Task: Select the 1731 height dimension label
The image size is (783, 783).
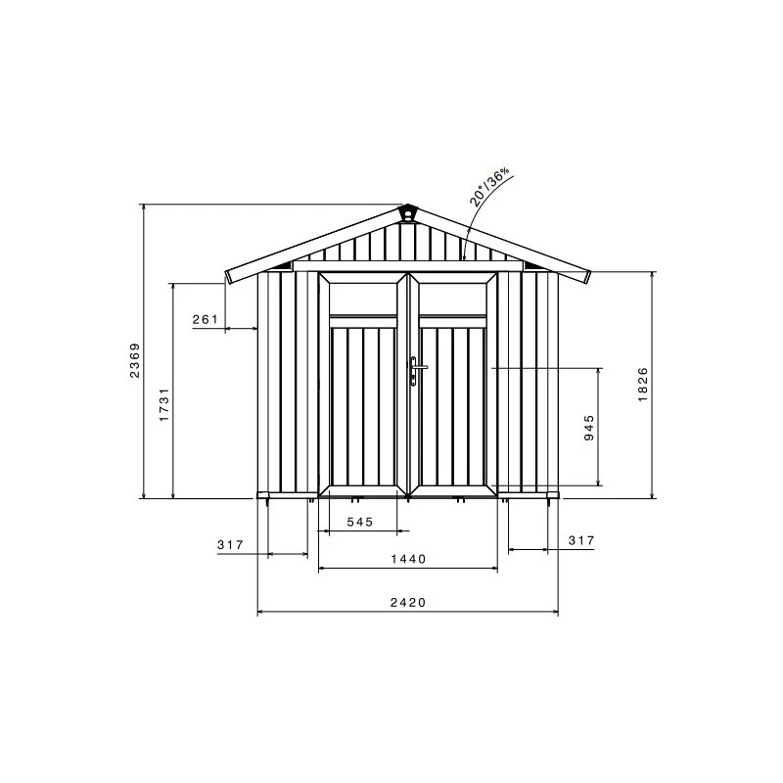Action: click(x=165, y=404)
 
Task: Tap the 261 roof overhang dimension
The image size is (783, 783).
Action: click(x=205, y=320)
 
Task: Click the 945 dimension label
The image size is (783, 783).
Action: click(x=589, y=428)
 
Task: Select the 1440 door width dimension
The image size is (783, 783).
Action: click(x=408, y=559)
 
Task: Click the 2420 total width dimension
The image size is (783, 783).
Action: click(x=407, y=603)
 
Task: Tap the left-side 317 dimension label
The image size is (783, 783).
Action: click(x=230, y=544)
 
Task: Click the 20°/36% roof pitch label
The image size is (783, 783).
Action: click(x=489, y=184)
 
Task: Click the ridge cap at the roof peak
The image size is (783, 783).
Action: click(x=407, y=212)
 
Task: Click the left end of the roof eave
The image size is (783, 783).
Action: click(x=228, y=276)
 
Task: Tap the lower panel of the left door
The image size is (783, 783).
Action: click(x=363, y=406)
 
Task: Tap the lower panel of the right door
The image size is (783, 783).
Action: click(x=453, y=406)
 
